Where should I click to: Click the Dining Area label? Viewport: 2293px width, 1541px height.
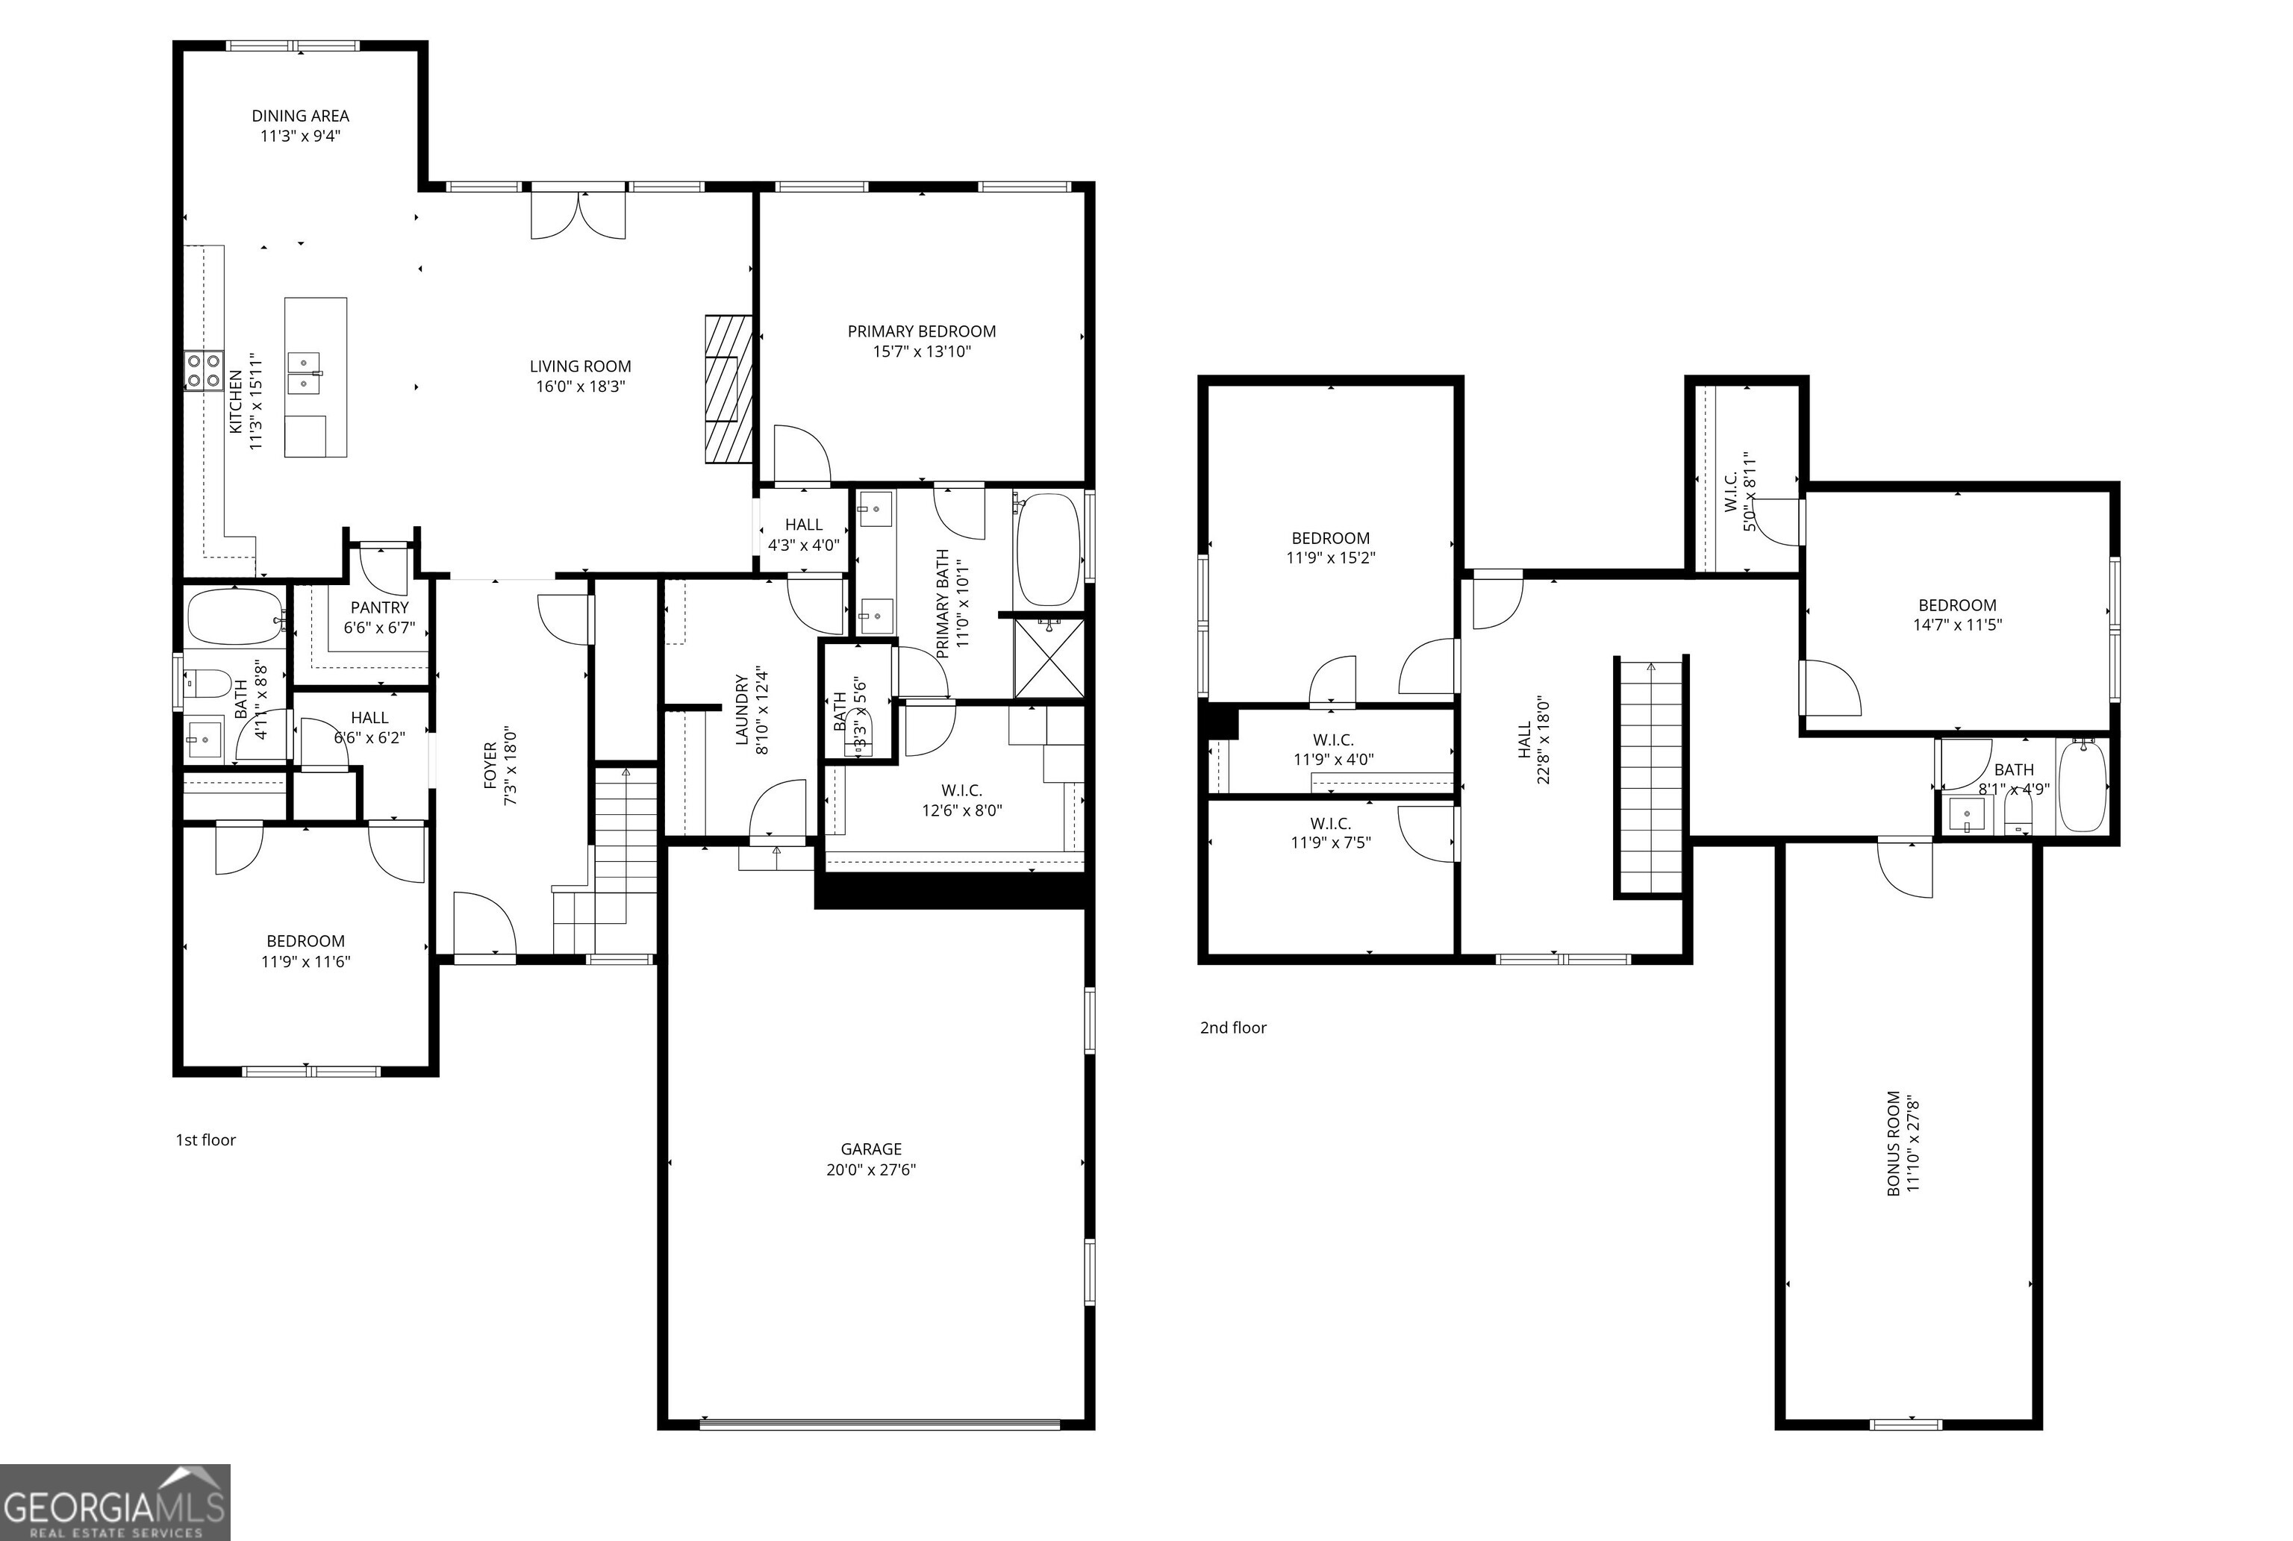tap(300, 116)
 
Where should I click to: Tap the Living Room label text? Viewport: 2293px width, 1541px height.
tap(580, 366)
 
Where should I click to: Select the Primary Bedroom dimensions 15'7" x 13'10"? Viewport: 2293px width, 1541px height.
tap(921, 351)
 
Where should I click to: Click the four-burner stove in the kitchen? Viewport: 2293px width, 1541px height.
tap(204, 372)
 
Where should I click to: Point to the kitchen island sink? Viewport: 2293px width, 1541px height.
tap(304, 372)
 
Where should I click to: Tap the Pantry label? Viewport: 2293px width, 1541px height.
tap(379, 608)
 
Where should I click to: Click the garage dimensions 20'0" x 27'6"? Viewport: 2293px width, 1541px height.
tap(871, 1169)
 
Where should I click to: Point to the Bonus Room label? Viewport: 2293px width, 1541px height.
tap(1893, 1143)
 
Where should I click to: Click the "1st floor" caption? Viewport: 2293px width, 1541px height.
tap(205, 1140)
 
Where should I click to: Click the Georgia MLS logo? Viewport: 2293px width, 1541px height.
tap(115, 1501)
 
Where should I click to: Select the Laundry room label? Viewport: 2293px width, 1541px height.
tap(742, 709)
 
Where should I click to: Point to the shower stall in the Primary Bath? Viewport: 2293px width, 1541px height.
tap(1049, 657)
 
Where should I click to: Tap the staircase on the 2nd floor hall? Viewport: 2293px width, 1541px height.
tap(1651, 776)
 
